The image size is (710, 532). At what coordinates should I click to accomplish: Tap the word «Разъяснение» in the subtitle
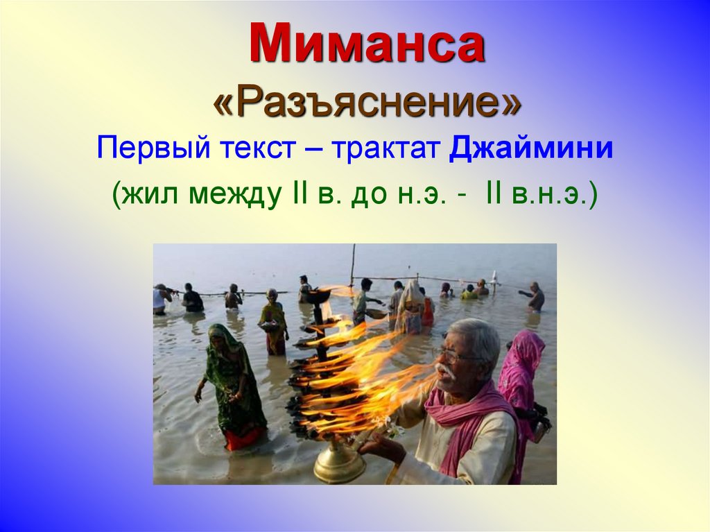click(x=367, y=104)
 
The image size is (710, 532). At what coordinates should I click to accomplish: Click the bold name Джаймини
click(x=531, y=149)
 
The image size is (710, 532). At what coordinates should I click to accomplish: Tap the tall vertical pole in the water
click(x=353, y=267)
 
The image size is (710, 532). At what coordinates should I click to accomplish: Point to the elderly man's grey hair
click(x=478, y=336)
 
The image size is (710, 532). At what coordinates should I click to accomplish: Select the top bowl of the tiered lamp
click(x=319, y=295)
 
